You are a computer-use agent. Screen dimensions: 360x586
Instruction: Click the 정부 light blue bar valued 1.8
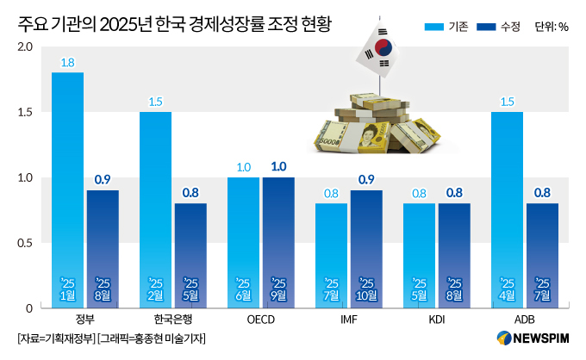[67, 189]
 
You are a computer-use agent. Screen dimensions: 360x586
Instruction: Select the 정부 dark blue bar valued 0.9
[103, 248]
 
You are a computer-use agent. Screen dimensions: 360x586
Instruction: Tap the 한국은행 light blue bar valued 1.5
[155, 209]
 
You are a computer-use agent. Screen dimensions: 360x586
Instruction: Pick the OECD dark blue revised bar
[278, 242]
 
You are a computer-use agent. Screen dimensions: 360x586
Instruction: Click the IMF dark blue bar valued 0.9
[366, 248]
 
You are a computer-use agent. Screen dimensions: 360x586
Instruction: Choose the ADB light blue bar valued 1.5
[507, 209]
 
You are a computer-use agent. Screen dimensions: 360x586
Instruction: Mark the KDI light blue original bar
[419, 255]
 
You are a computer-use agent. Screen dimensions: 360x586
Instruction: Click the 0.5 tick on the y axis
[25, 243]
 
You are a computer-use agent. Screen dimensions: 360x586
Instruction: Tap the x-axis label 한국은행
[172, 320]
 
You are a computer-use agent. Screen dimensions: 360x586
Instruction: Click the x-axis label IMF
[348, 320]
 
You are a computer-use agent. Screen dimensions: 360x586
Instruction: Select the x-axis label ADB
[524, 320]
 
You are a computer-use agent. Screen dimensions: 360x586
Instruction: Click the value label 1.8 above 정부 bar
[67, 62]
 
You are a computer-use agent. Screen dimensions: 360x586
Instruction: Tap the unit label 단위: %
[552, 27]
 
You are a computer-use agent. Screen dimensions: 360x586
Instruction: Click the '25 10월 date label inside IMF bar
[366, 289]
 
